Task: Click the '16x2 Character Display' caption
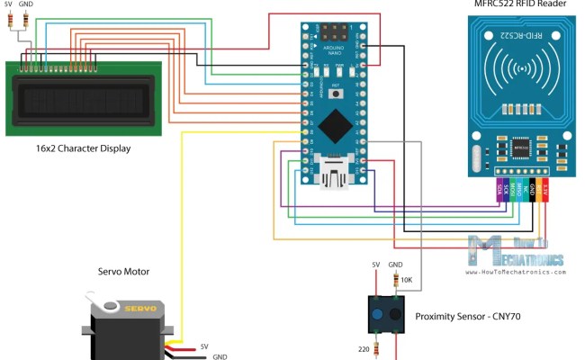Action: click(76, 148)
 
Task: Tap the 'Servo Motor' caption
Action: click(123, 271)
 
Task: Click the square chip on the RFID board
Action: click(522, 146)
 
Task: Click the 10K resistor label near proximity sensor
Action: click(406, 280)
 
